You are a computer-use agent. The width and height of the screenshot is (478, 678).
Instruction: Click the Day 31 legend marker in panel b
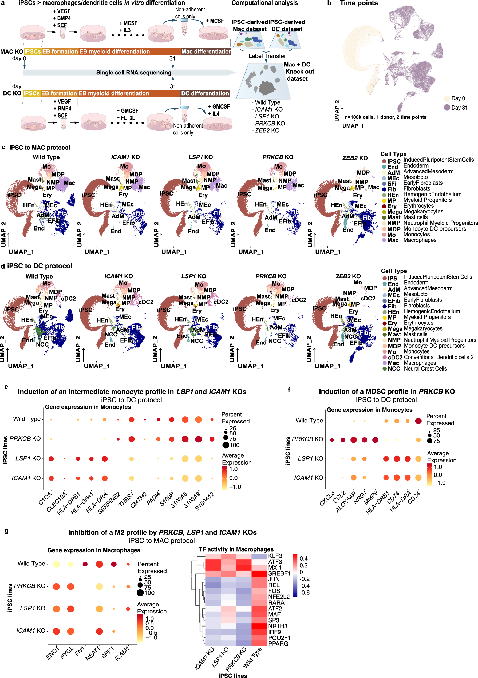tap(447, 108)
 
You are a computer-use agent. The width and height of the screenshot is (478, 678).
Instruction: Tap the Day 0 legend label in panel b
tap(458, 98)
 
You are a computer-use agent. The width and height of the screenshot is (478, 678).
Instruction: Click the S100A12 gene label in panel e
tap(205, 501)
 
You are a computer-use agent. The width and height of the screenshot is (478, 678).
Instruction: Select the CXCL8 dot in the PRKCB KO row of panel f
tap(332, 440)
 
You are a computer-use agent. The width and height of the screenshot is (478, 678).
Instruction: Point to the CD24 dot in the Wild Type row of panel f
tap(418, 421)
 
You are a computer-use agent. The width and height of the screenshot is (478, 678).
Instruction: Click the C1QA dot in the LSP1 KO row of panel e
tap(51, 459)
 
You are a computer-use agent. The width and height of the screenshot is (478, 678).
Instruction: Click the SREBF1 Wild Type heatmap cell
tap(259, 573)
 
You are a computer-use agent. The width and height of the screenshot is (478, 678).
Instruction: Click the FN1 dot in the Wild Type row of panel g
tap(85, 564)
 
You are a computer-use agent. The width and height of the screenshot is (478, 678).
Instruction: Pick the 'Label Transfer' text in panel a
tap(267, 56)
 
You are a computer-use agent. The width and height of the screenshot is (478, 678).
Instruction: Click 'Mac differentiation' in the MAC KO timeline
tap(206, 52)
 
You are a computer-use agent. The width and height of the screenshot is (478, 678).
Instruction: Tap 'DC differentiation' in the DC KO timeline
tap(205, 93)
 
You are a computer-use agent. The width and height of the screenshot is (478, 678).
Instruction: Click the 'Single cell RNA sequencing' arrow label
tap(133, 73)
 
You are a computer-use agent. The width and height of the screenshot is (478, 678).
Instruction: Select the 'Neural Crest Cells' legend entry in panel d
tap(425, 368)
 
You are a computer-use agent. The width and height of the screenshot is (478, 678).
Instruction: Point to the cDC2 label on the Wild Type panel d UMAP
tap(68, 299)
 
